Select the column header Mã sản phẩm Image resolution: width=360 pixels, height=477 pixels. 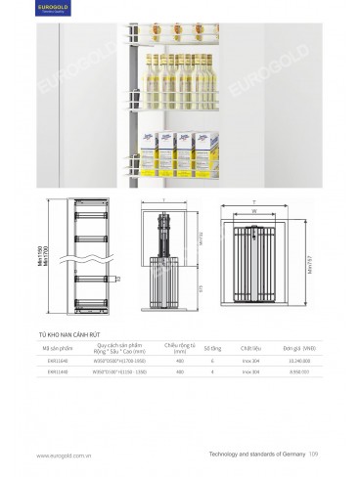(54, 348)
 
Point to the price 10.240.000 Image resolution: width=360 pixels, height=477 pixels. (299, 362)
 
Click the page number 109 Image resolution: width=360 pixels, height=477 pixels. (313, 455)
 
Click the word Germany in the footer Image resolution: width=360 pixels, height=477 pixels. (289, 455)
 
